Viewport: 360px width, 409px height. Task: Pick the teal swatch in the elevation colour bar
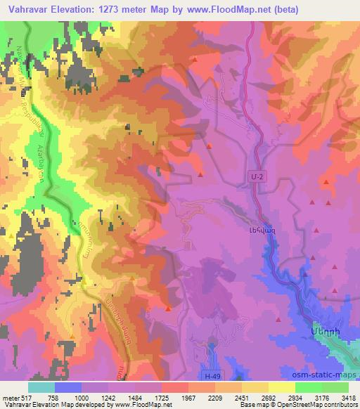41,388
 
